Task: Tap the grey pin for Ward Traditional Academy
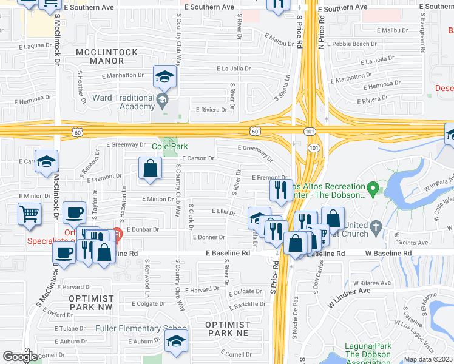(162, 99)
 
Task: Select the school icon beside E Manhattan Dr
(164, 76)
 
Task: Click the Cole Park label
(169, 146)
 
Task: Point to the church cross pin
(376, 227)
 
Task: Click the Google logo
(20, 357)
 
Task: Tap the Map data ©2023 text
(427, 359)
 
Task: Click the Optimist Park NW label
(91, 303)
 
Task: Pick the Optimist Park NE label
(228, 329)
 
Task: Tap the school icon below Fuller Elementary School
(176, 342)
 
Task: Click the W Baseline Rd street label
(388, 252)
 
